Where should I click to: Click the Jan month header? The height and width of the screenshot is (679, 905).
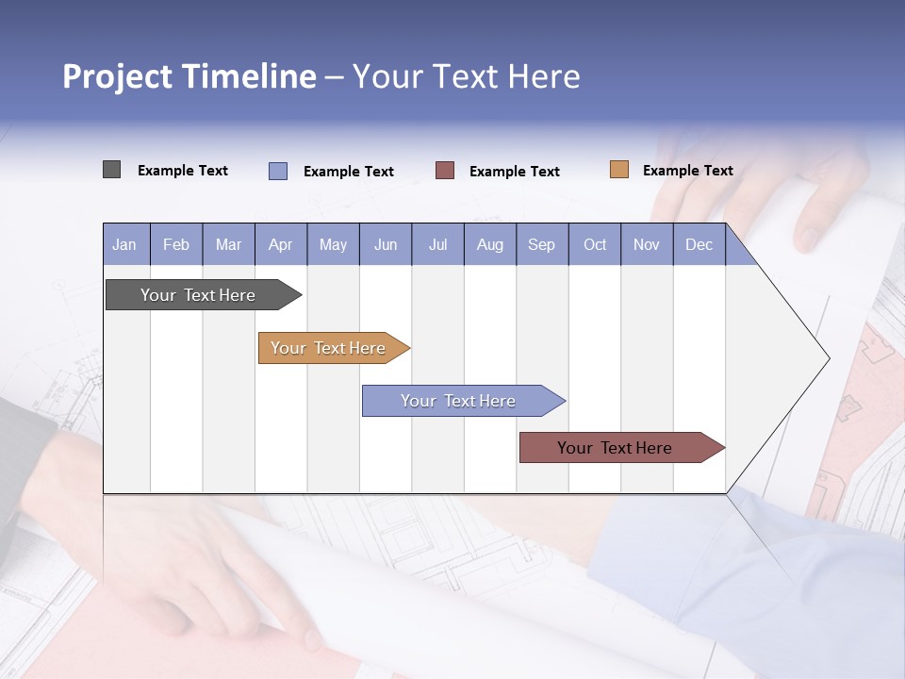(125, 244)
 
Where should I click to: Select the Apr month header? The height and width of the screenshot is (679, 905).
(281, 244)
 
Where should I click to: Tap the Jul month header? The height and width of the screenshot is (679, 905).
(437, 244)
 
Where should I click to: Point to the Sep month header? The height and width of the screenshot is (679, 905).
(542, 244)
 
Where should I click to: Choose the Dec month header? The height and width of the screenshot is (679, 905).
(699, 244)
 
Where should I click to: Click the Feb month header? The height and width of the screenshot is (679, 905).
(176, 244)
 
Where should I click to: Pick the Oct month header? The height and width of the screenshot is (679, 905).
(595, 244)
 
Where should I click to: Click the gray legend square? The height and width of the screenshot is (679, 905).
(111, 170)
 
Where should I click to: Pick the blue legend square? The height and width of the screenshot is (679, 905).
(278, 171)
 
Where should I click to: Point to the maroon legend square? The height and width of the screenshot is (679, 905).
(445, 171)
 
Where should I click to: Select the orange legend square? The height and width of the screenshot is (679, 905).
(619, 170)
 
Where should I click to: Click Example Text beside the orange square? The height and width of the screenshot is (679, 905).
(687, 171)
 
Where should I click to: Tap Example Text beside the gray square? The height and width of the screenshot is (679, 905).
(183, 171)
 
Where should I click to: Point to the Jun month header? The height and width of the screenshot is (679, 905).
(386, 244)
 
